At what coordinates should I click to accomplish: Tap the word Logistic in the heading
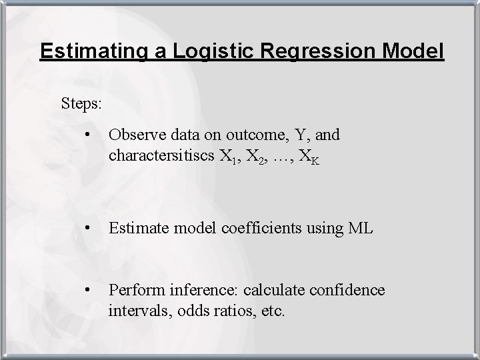pos(193,51)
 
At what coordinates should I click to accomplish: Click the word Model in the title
pos(412,51)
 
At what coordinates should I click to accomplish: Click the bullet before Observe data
pos(88,135)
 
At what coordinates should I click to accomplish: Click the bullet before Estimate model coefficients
pos(88,229)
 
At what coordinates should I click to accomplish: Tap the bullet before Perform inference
pos(88,291)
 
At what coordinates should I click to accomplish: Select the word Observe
pos(133,135)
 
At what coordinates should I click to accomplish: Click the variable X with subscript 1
pos(227,157)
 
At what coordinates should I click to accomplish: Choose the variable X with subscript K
pos(307,157)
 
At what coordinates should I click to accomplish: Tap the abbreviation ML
pos(361,229)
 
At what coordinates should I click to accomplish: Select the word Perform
pos(133,291)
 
